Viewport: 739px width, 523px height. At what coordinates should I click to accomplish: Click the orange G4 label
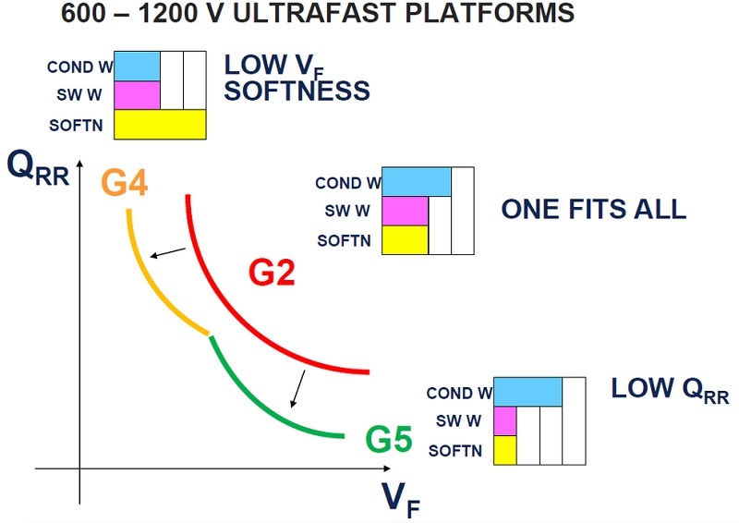125,183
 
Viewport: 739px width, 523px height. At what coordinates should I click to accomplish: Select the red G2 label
272,273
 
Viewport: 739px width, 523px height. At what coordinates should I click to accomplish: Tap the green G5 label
389,440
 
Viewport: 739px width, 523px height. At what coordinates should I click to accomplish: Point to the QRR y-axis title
38,169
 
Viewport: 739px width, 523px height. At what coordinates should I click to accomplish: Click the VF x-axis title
400,500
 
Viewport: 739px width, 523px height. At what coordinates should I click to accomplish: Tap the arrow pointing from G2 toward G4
168,252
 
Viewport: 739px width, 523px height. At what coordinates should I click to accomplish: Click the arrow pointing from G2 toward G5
297,389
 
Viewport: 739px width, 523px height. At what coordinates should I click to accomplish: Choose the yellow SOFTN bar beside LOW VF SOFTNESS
160,125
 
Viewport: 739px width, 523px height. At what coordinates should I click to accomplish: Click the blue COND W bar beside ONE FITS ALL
417,181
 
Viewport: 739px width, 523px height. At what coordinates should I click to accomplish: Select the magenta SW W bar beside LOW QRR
505,421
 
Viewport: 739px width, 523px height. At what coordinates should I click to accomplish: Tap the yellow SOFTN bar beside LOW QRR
505,450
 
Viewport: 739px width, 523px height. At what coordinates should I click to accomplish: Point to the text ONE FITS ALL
594,209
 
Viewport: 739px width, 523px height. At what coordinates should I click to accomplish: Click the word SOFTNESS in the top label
297,91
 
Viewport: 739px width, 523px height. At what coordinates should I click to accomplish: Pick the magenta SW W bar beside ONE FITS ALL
405,211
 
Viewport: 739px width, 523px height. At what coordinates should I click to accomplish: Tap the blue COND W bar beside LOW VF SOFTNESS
137,66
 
